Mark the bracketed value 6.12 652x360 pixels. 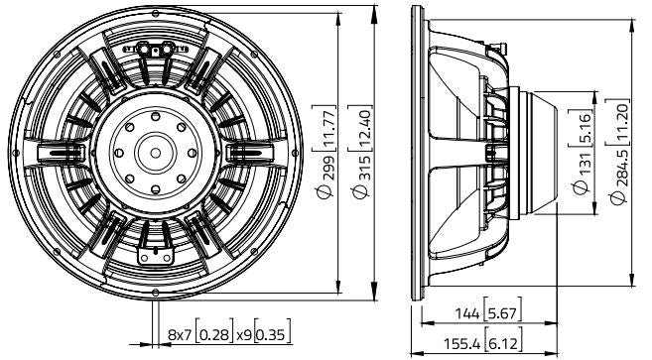coord(503,345)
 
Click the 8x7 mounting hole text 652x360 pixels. coord(182,338)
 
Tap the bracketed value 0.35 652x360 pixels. coord(268,338)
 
